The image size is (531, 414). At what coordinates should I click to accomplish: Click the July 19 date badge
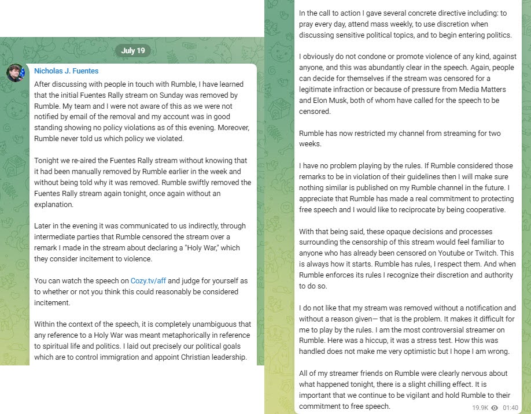tap(133, 51)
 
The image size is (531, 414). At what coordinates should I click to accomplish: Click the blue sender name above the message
tap(67, 71)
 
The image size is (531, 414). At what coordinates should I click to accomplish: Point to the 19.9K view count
tap(480, 408)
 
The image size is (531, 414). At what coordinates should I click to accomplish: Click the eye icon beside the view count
tap(495, 408)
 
